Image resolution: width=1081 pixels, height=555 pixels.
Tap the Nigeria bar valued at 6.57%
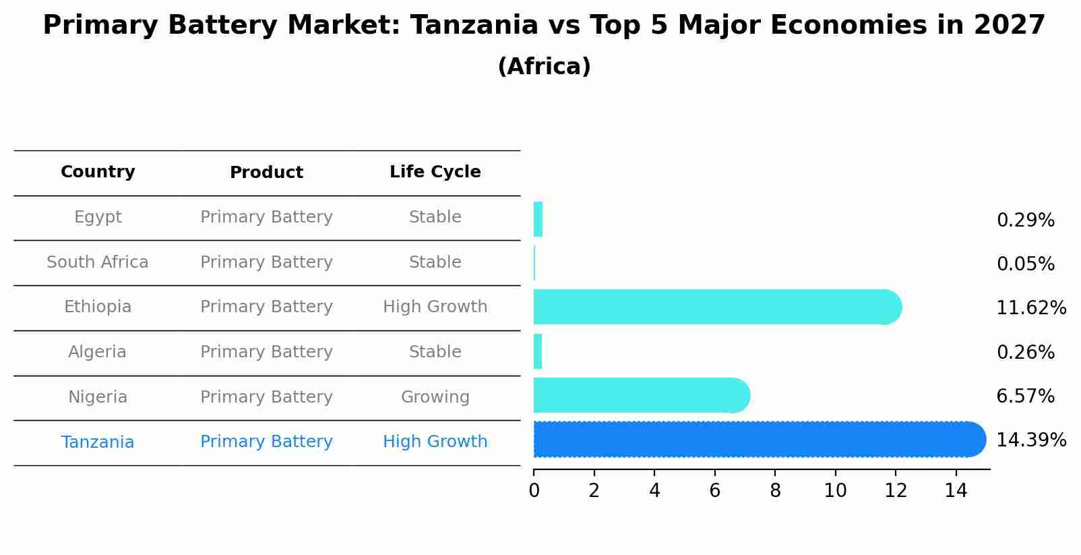coord(640,395)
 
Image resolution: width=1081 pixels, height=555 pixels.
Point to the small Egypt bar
coord(538,219)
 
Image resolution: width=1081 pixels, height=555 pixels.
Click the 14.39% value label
coord(1030,440)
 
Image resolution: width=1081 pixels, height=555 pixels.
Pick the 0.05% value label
coord(1025,264)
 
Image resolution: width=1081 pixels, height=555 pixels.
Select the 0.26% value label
coord(1025,352)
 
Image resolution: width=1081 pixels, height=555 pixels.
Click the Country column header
coord(98,172)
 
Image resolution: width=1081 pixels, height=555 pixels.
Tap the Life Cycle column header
coord(435,172)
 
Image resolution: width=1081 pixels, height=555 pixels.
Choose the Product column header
coord(266,173)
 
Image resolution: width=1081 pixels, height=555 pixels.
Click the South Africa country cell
coord(98,262)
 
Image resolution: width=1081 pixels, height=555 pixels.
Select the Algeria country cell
coord(98,352)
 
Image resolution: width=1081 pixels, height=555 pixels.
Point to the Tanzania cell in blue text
coord(98,442)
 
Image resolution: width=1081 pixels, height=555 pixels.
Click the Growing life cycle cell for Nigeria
coord(435,397)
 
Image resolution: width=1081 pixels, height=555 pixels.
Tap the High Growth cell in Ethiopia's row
coord(435,307)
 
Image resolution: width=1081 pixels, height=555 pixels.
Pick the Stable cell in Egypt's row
coord(435,217)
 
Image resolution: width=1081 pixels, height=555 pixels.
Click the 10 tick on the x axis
coord(835,491)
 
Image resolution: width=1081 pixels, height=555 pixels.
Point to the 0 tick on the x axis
coord(534,491)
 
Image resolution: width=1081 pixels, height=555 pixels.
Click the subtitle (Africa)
coord(544,67)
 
